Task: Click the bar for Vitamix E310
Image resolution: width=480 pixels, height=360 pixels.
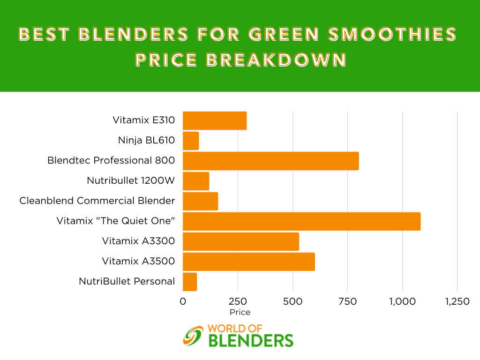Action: (x=215, y=120)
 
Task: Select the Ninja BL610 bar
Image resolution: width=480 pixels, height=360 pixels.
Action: (x=191, y=141)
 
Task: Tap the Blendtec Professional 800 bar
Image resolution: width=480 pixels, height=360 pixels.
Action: (x=270, y=161)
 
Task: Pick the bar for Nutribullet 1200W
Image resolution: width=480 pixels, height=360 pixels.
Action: (x=196, y=181)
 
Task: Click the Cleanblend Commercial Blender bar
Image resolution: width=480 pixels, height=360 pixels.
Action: (x=200, y=202)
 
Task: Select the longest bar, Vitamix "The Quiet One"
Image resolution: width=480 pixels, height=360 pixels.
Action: (x=301, y=221)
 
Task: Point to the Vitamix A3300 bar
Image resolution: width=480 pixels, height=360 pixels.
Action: (x=241, y=241)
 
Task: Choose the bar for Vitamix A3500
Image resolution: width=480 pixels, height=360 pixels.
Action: (x=249, y=262)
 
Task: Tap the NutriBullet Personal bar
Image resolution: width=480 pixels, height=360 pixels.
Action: (x=190, y=282)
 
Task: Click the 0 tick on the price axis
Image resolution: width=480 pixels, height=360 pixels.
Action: (x=183, y=301)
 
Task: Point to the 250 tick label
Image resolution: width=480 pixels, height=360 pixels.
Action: (x=238, y=301)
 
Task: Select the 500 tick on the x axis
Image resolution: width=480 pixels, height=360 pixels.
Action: (x=292, y=301)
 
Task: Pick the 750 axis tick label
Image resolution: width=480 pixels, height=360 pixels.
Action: (x=347, y=301)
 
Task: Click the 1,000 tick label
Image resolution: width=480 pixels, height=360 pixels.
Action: (x=402, y=301)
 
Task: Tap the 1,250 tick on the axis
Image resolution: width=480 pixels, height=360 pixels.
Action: (x=457, y=301)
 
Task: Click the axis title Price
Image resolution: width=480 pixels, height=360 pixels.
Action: (x=240, y=312)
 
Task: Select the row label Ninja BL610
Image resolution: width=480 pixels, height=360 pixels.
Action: (x=146, y=140)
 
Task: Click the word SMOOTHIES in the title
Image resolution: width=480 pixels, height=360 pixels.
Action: (x=392, y=34)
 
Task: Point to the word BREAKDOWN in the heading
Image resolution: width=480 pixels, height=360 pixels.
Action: (x=276, y=60)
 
